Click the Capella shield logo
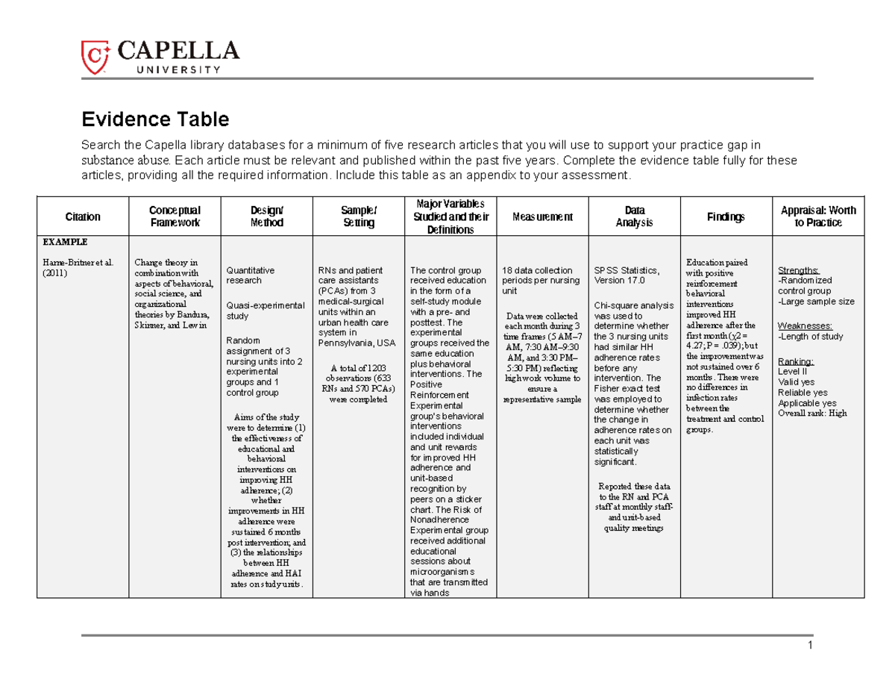[x=95, y=57]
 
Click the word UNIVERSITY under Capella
[x=178, y=69]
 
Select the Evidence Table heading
[x=155, y=119]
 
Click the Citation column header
[x=83, y=216]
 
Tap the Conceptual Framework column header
[x=175, y=216]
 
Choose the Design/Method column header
[x=267, y=216]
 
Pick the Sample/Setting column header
[x=358, y=216]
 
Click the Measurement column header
[x=542, y=216]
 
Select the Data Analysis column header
[x=634, y=216]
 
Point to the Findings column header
[x=726, y=216]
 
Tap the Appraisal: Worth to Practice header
[x=817, y=216]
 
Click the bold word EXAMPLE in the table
[x=65, y=243]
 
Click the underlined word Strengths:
[x=799, y=270]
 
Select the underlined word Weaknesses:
[x=804, y=326]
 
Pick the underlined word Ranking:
[x=795, y=361]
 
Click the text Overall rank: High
[x=812, y=414]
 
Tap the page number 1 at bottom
[x=809, y=646]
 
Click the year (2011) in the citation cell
[x=54, y=273]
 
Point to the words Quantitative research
[x=250, y=275]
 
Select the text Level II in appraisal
[x=792, y=371]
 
